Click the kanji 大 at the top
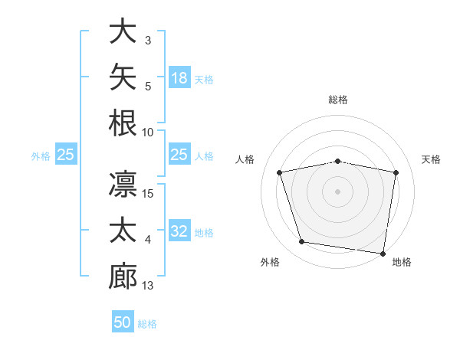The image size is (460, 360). [x=123, y=31]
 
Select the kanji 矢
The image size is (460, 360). [x=123, y=77]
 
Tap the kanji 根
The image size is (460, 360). [x=123, y=123]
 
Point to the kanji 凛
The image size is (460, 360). [x=123, y=184]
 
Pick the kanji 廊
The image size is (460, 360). [x=123, y=277]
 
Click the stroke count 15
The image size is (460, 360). [x=147, y=194]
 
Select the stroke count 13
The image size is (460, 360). [x=147, y=286]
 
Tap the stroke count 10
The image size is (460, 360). [x=147, y=133]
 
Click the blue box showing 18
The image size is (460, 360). [x=179, y=77]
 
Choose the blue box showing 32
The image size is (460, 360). [x=179, y=230]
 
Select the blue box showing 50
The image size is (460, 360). [x=123, y=321]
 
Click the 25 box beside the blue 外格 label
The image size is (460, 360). [x=66, y=154]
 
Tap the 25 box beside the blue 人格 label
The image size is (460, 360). [x=179, y=154]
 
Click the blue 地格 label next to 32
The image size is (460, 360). [x=204, y=233]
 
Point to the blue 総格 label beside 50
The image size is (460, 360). [x=147, y=324]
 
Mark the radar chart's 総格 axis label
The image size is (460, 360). [x=338, y=100]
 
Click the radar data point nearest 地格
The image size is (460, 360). [x=383, y=254]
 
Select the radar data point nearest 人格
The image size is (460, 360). [x=279, y=172]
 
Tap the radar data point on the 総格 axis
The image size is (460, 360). [x=337, y=162]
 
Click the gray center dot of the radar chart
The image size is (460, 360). [x=337, y=191]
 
